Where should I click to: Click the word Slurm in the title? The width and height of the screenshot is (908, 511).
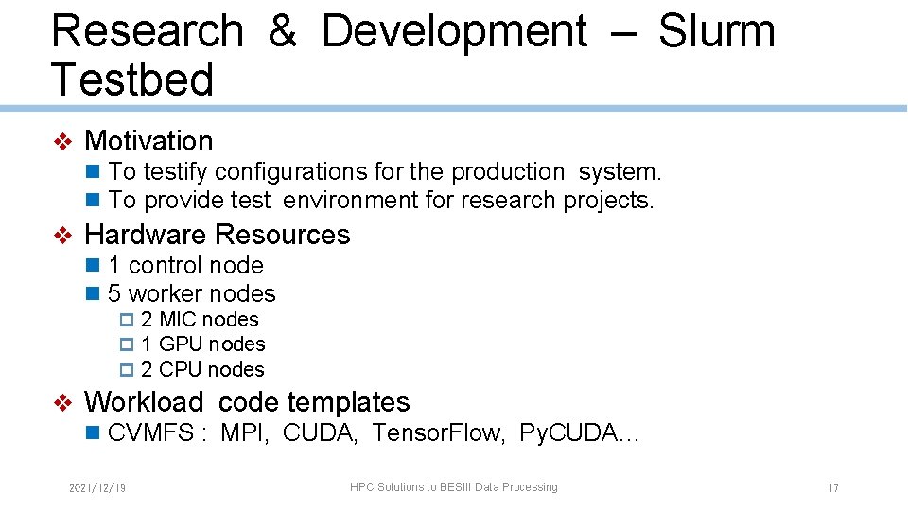point(716,31)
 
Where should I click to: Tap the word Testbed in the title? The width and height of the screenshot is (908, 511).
point(132,79)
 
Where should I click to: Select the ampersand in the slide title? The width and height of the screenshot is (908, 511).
point(282,31)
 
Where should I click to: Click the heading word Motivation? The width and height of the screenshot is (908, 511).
point(148,141)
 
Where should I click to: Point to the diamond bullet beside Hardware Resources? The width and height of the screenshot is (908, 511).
point(62,235)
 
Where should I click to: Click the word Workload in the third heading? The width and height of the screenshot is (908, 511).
point(143,402)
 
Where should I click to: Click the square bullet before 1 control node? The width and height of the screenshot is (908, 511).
point(93,265)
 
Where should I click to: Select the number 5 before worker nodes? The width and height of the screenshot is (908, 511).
point(114,293)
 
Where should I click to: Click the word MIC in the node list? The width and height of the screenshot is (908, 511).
point(179,320)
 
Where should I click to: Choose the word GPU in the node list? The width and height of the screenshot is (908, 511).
point(180,344)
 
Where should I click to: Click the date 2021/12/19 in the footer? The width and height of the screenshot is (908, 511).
point(97,488)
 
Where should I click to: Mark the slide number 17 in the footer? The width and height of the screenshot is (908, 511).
point(832,488)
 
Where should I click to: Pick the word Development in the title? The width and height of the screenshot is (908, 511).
point(454,31)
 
